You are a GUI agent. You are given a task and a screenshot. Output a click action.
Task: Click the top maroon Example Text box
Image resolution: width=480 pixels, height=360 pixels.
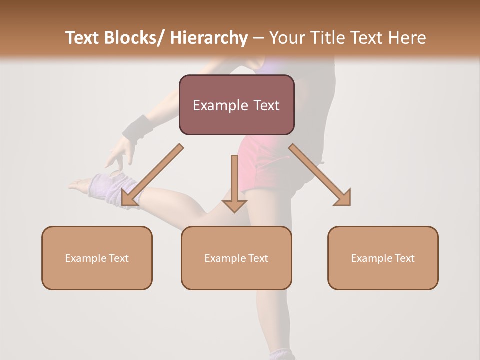click(236, 105)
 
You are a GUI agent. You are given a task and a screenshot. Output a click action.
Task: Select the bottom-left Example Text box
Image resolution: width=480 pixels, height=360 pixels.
click(97, 258)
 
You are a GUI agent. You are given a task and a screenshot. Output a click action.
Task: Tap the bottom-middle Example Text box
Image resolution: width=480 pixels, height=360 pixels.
click(236, 258)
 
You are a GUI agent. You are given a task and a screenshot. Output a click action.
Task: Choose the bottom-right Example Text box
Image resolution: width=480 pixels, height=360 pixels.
click(383, 258)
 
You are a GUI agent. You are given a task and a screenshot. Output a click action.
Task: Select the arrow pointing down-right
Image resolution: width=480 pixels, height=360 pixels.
click(320, 175)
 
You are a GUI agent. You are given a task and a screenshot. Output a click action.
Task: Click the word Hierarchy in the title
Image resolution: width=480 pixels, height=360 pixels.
click(209, 38)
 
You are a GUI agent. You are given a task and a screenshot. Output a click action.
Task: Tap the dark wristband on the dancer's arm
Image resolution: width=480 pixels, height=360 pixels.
click(138, 128)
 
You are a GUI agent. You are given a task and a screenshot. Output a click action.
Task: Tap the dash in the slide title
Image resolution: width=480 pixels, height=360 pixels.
click(259, 38)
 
